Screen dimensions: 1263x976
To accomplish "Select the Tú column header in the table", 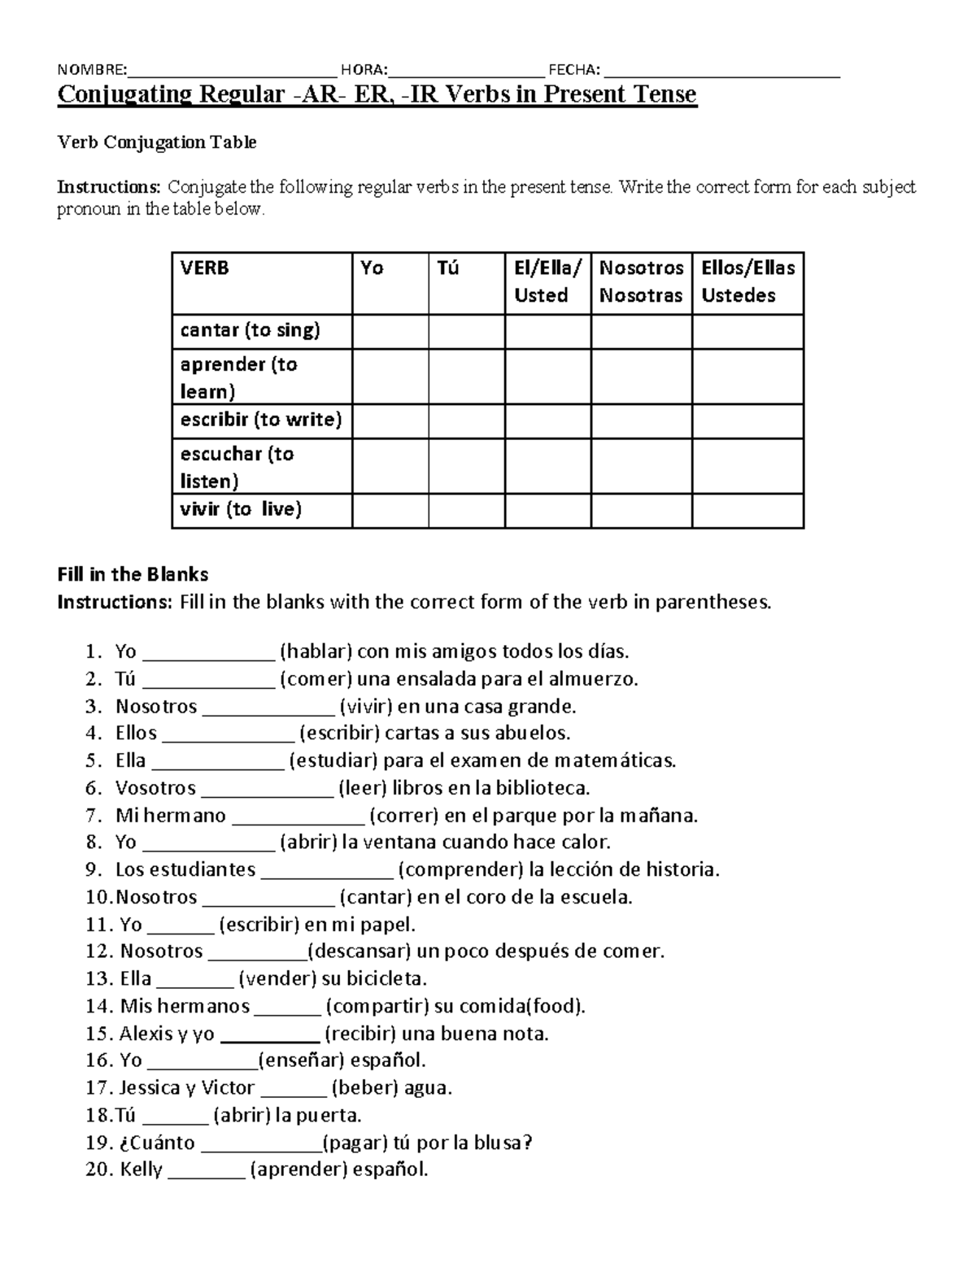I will tap(447, 268).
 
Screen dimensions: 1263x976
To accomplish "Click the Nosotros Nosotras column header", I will tap(641, 281).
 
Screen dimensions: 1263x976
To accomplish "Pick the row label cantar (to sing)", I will tap(251, 330).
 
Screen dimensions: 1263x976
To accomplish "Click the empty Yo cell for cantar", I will tap(390, 332).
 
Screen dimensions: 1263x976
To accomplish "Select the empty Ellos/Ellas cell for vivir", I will tap(747, 511).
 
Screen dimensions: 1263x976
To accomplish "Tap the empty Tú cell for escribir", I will tap(466, 421).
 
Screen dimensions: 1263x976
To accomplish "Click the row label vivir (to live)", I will tap(241, 510).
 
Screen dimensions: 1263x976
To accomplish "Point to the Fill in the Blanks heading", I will tap(133, 575).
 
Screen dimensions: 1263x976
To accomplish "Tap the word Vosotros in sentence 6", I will tap(155, 788).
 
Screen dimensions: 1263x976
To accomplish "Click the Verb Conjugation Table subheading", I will tap(156, 142).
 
